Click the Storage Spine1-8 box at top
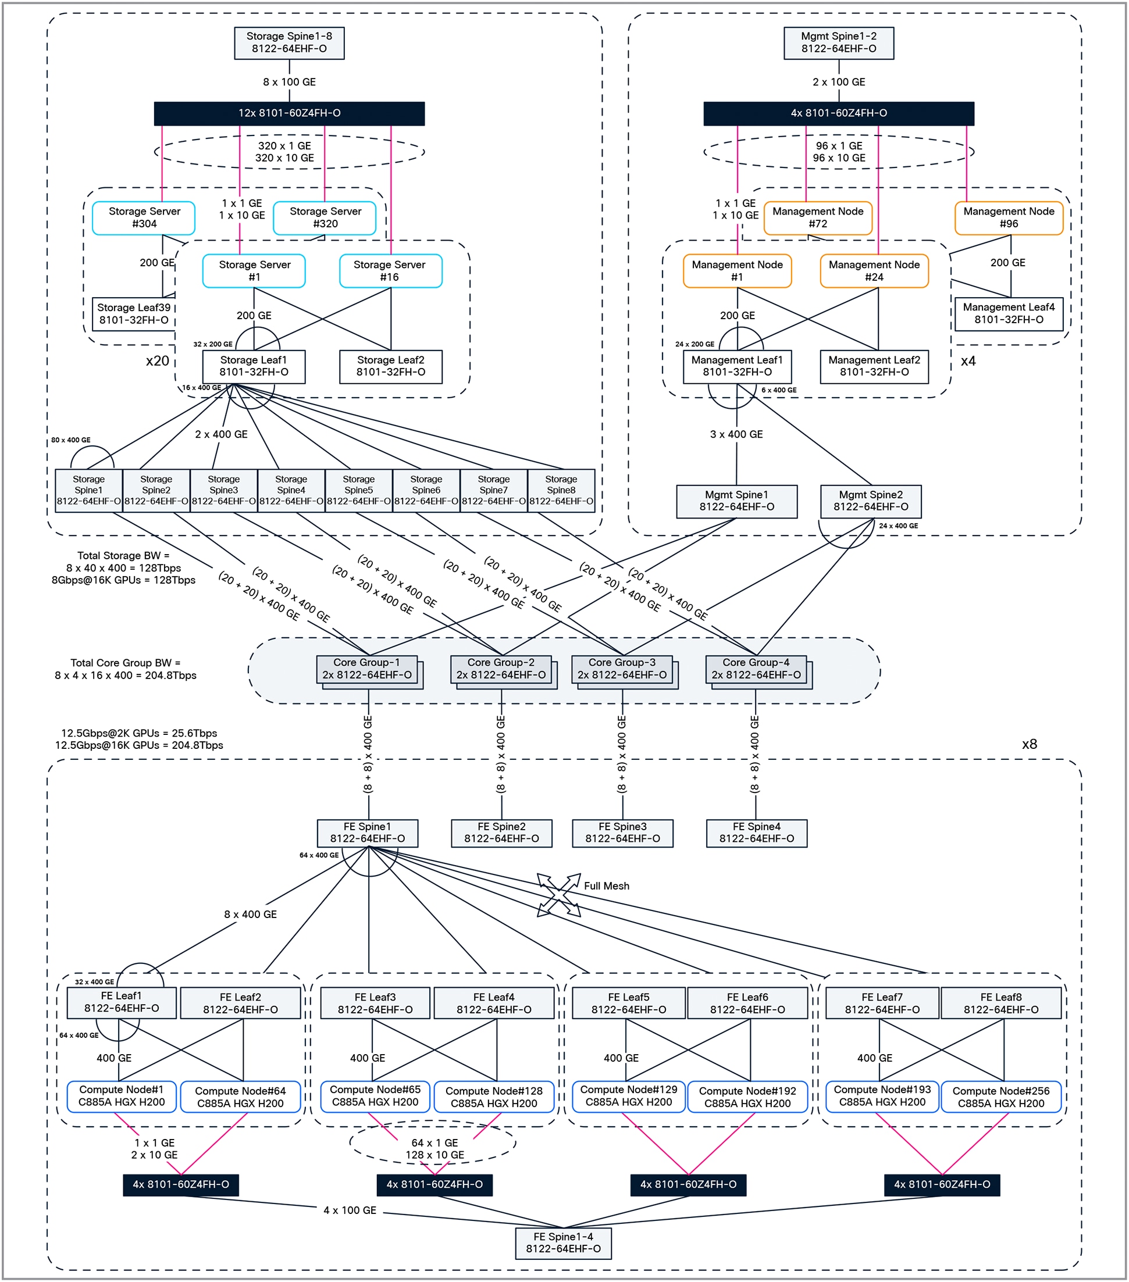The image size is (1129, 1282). coord(289,42)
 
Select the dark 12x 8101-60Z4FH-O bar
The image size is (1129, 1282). coord(289,113)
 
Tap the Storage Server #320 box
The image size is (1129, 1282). coord(325,217)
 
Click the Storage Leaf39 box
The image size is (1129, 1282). coord(133,313)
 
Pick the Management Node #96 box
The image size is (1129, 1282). coord(1008,217)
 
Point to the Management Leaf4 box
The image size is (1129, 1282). coord(1008,313)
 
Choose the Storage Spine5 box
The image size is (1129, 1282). coord(358,491)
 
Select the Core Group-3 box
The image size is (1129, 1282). coord(621,669)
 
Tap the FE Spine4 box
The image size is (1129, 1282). coord(756,833)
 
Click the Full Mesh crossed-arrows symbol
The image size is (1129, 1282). coord(558,894)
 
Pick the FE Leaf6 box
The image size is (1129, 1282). coord(747,1003)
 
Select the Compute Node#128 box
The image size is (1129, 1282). coord(493,1097)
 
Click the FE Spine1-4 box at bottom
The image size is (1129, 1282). coord(563,1242)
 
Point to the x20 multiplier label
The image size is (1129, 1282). coord(157,361)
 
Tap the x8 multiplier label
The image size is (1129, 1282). coord(1029,744)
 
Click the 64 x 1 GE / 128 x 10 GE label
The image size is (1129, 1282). coord(434,1148)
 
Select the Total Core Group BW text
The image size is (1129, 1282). coord(125,669)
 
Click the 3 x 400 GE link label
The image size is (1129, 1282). coord(736,434)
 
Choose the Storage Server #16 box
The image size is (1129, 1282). coord(390,271)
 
